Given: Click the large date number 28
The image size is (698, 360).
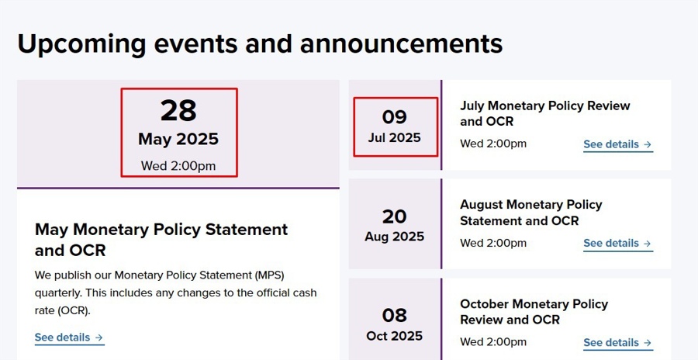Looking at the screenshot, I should coord(178,111).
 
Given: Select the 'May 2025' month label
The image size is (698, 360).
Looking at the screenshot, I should coord(178,140).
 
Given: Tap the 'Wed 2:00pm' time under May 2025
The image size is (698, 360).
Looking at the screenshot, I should coord(178,165).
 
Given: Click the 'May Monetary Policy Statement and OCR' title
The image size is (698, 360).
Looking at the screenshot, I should coord(161,240).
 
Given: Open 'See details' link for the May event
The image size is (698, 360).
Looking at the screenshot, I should coord(69,337).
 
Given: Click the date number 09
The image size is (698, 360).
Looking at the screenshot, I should coord(394,117).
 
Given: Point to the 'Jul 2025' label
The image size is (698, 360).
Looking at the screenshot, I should coord(394,138).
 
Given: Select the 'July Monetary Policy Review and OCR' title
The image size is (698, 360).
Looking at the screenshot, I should coord(544,113).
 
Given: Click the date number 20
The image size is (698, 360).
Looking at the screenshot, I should coord(394,216).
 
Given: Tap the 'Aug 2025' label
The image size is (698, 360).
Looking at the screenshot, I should coord(394,237).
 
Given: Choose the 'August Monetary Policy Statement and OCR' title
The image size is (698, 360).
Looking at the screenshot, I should coord(530,213).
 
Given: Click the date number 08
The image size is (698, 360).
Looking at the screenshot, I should coord(394,315).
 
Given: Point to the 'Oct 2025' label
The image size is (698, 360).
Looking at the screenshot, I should coord(394,336).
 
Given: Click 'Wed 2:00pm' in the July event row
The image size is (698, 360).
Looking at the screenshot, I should coord(493,144).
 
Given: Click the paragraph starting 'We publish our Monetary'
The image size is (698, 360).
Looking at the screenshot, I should coord(175,292).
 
